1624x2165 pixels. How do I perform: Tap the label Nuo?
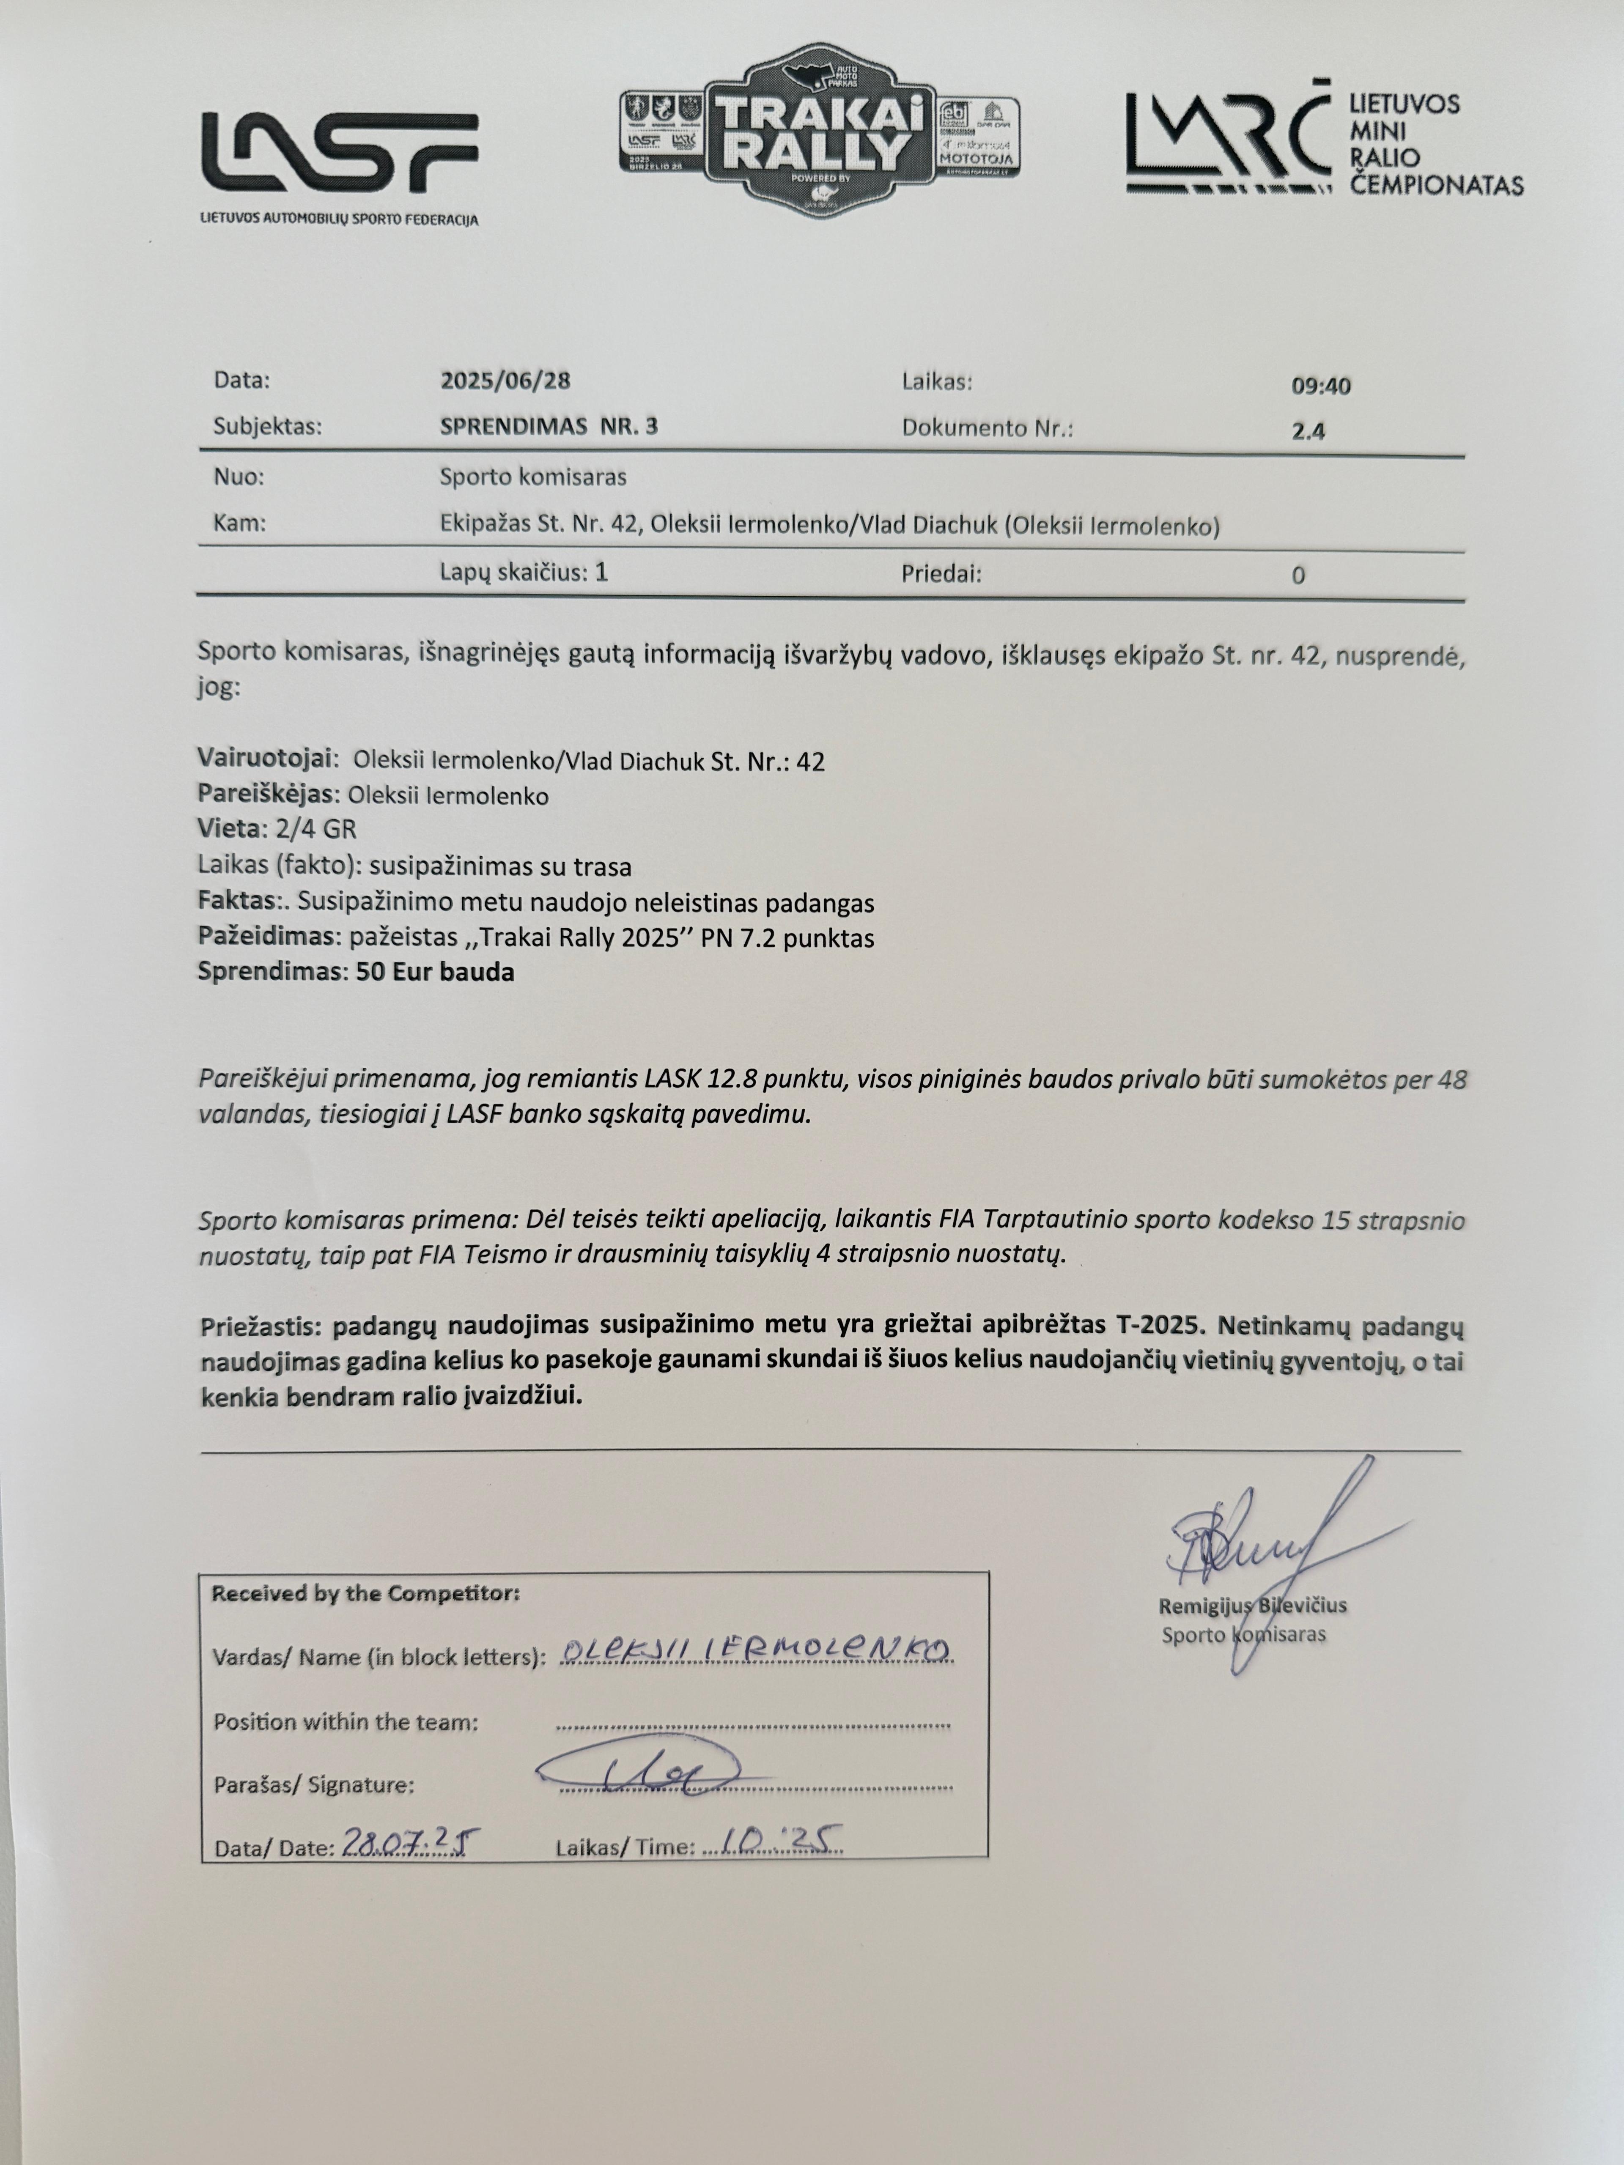click(x=239, y=478)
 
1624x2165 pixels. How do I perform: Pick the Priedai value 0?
click(x=1298, y=576)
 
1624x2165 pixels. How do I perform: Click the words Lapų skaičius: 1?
click(x=524, y=573)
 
